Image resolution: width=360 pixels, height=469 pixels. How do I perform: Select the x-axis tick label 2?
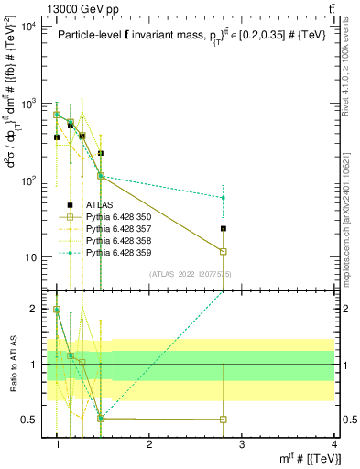tap(149, 443)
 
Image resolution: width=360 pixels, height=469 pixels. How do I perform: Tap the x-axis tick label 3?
tap(242, 443)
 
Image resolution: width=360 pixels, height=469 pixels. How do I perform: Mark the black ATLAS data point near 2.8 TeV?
tap(224, 228)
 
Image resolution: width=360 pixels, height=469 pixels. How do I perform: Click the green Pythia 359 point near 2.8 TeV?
tap(224, 197)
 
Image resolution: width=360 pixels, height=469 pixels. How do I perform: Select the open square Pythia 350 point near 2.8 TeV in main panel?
tap(224, 251)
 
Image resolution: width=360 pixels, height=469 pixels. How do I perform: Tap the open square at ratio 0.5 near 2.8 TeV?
tap(224, 420)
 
